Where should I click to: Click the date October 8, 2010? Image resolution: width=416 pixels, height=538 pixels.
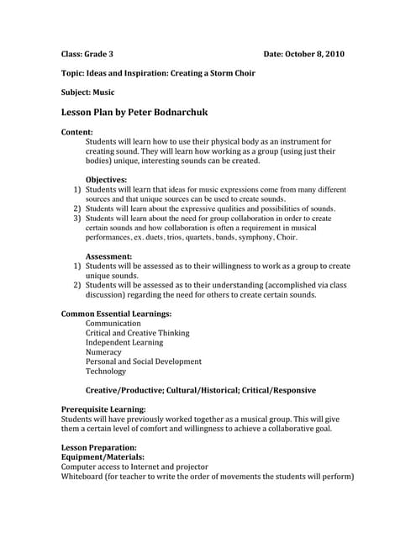pyautogui.click(x=316, y=54)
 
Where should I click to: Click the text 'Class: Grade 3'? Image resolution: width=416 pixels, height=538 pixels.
pyautogui.click(x=91, y=54)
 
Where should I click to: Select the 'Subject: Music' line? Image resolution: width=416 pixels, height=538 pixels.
pyautogui.click(x=88, y=92)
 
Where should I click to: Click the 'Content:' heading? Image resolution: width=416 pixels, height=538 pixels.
pyautogui.click(x=77, y=132)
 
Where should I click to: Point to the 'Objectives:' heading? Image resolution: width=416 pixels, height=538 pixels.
pyautogui.click(x=106, y=179)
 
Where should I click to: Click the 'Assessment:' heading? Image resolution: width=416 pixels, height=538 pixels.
pyautogui.click(x=108, y=256)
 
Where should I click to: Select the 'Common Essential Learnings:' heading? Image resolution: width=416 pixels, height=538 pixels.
pyautogui.click(x=116, y=314)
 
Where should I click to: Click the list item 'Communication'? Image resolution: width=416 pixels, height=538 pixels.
pyautogui.click(x=113, y=323)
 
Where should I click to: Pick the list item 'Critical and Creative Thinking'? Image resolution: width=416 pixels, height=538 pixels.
pyautogui.click(x=138, y=333)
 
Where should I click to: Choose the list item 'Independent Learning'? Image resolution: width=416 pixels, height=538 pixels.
pyautogui.click(x=122, y=342)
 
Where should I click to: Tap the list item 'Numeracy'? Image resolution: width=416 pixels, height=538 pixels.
pyautogui.click(x=103, y=351)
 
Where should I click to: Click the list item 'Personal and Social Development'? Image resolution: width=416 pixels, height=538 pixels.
pyautogui.click(x=144, y=361)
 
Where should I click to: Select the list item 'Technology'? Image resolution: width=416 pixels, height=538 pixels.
pyautogui.click(x=106, y=371)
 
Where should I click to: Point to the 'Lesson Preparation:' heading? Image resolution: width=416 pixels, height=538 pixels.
pyautogui.click(x=99, y=447)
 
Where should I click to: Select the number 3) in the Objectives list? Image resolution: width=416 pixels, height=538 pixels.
pyautogui.click(x=76, y=218)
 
